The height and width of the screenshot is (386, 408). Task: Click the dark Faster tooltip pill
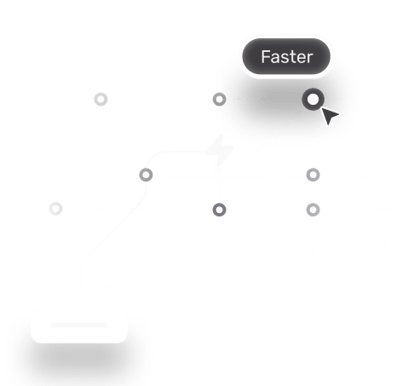point(286,56)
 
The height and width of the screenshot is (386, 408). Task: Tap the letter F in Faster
point(266,57)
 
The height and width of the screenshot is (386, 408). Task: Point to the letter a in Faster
point(275,58)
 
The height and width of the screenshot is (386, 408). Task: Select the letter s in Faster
point(284,58)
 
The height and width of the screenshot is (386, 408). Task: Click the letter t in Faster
point(291,57)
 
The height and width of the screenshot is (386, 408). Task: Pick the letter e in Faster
point(300,58)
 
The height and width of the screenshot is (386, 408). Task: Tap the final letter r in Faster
point(309,58)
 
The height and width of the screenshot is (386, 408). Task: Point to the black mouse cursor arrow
point(329,115)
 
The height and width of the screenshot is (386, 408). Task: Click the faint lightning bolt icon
point(220,150)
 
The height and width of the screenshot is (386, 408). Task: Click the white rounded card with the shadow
point(79,326)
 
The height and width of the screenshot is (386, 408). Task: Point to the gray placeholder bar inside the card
point(79,325)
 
